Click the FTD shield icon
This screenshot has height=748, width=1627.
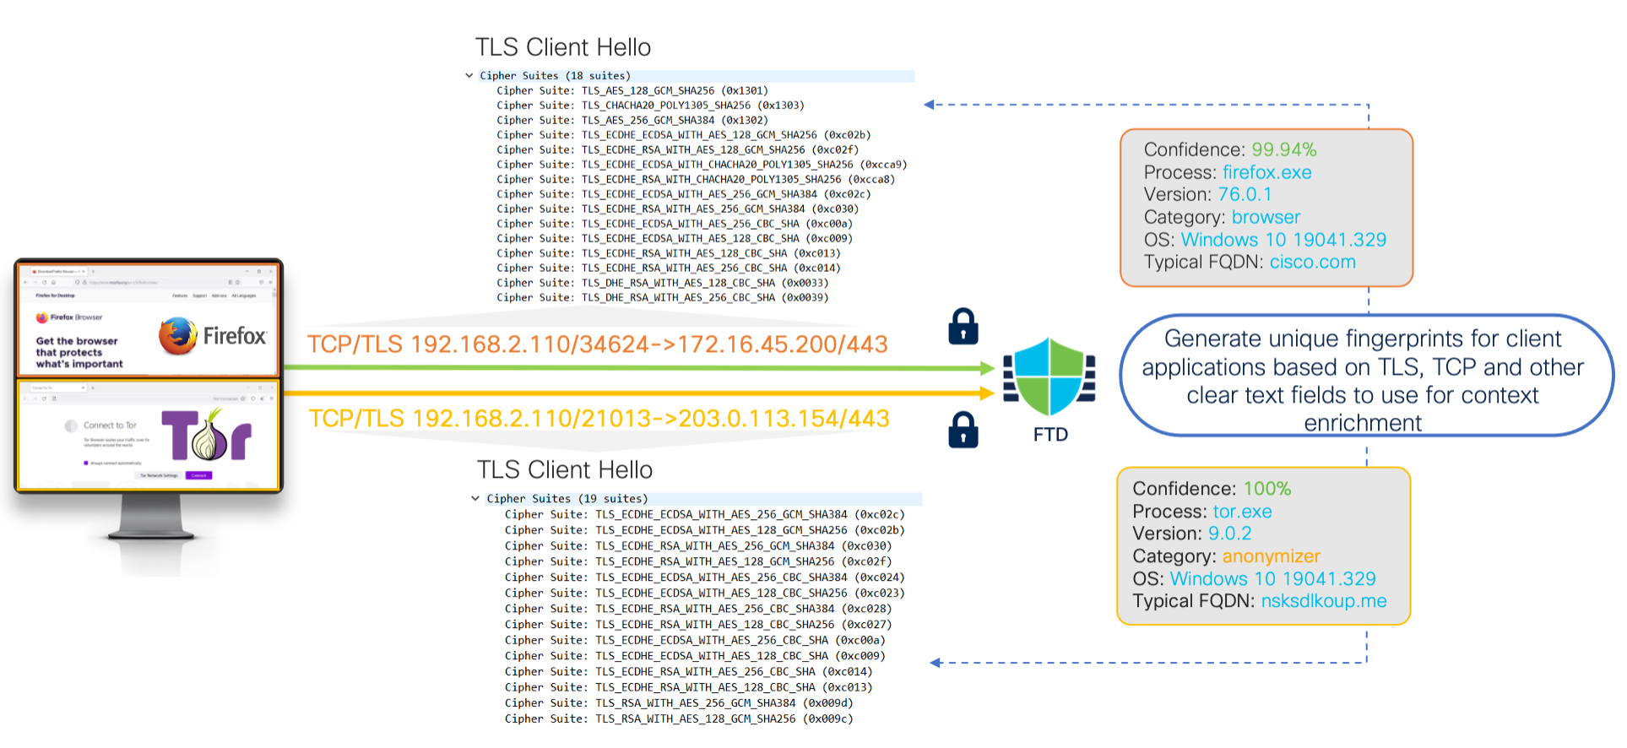click(1049, 377)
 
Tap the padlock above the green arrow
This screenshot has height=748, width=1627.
click(963, 327)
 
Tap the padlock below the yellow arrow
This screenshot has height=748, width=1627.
click(963, 430)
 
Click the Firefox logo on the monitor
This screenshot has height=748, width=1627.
click(178, 335)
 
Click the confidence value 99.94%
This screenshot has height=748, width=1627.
click(1283, 149)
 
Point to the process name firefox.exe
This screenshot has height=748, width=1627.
click(1266, 172)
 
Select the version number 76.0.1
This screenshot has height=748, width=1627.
click(1245, 194)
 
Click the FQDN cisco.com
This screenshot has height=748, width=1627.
click(1312, 262)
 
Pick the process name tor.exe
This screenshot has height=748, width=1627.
click(1242, 512)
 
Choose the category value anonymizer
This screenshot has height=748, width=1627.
click(1271, 556)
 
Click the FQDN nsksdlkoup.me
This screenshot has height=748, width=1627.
click(1323, 601)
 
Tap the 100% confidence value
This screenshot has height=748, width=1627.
click(1266, 489)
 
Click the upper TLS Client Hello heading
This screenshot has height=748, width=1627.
click(563, 47)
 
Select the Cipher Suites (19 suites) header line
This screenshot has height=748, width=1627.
click(567, 499)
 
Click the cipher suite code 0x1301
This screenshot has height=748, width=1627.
click(745, 90)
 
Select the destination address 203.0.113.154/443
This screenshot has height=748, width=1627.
click(784, 419)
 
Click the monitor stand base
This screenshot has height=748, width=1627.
click(152, 534)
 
